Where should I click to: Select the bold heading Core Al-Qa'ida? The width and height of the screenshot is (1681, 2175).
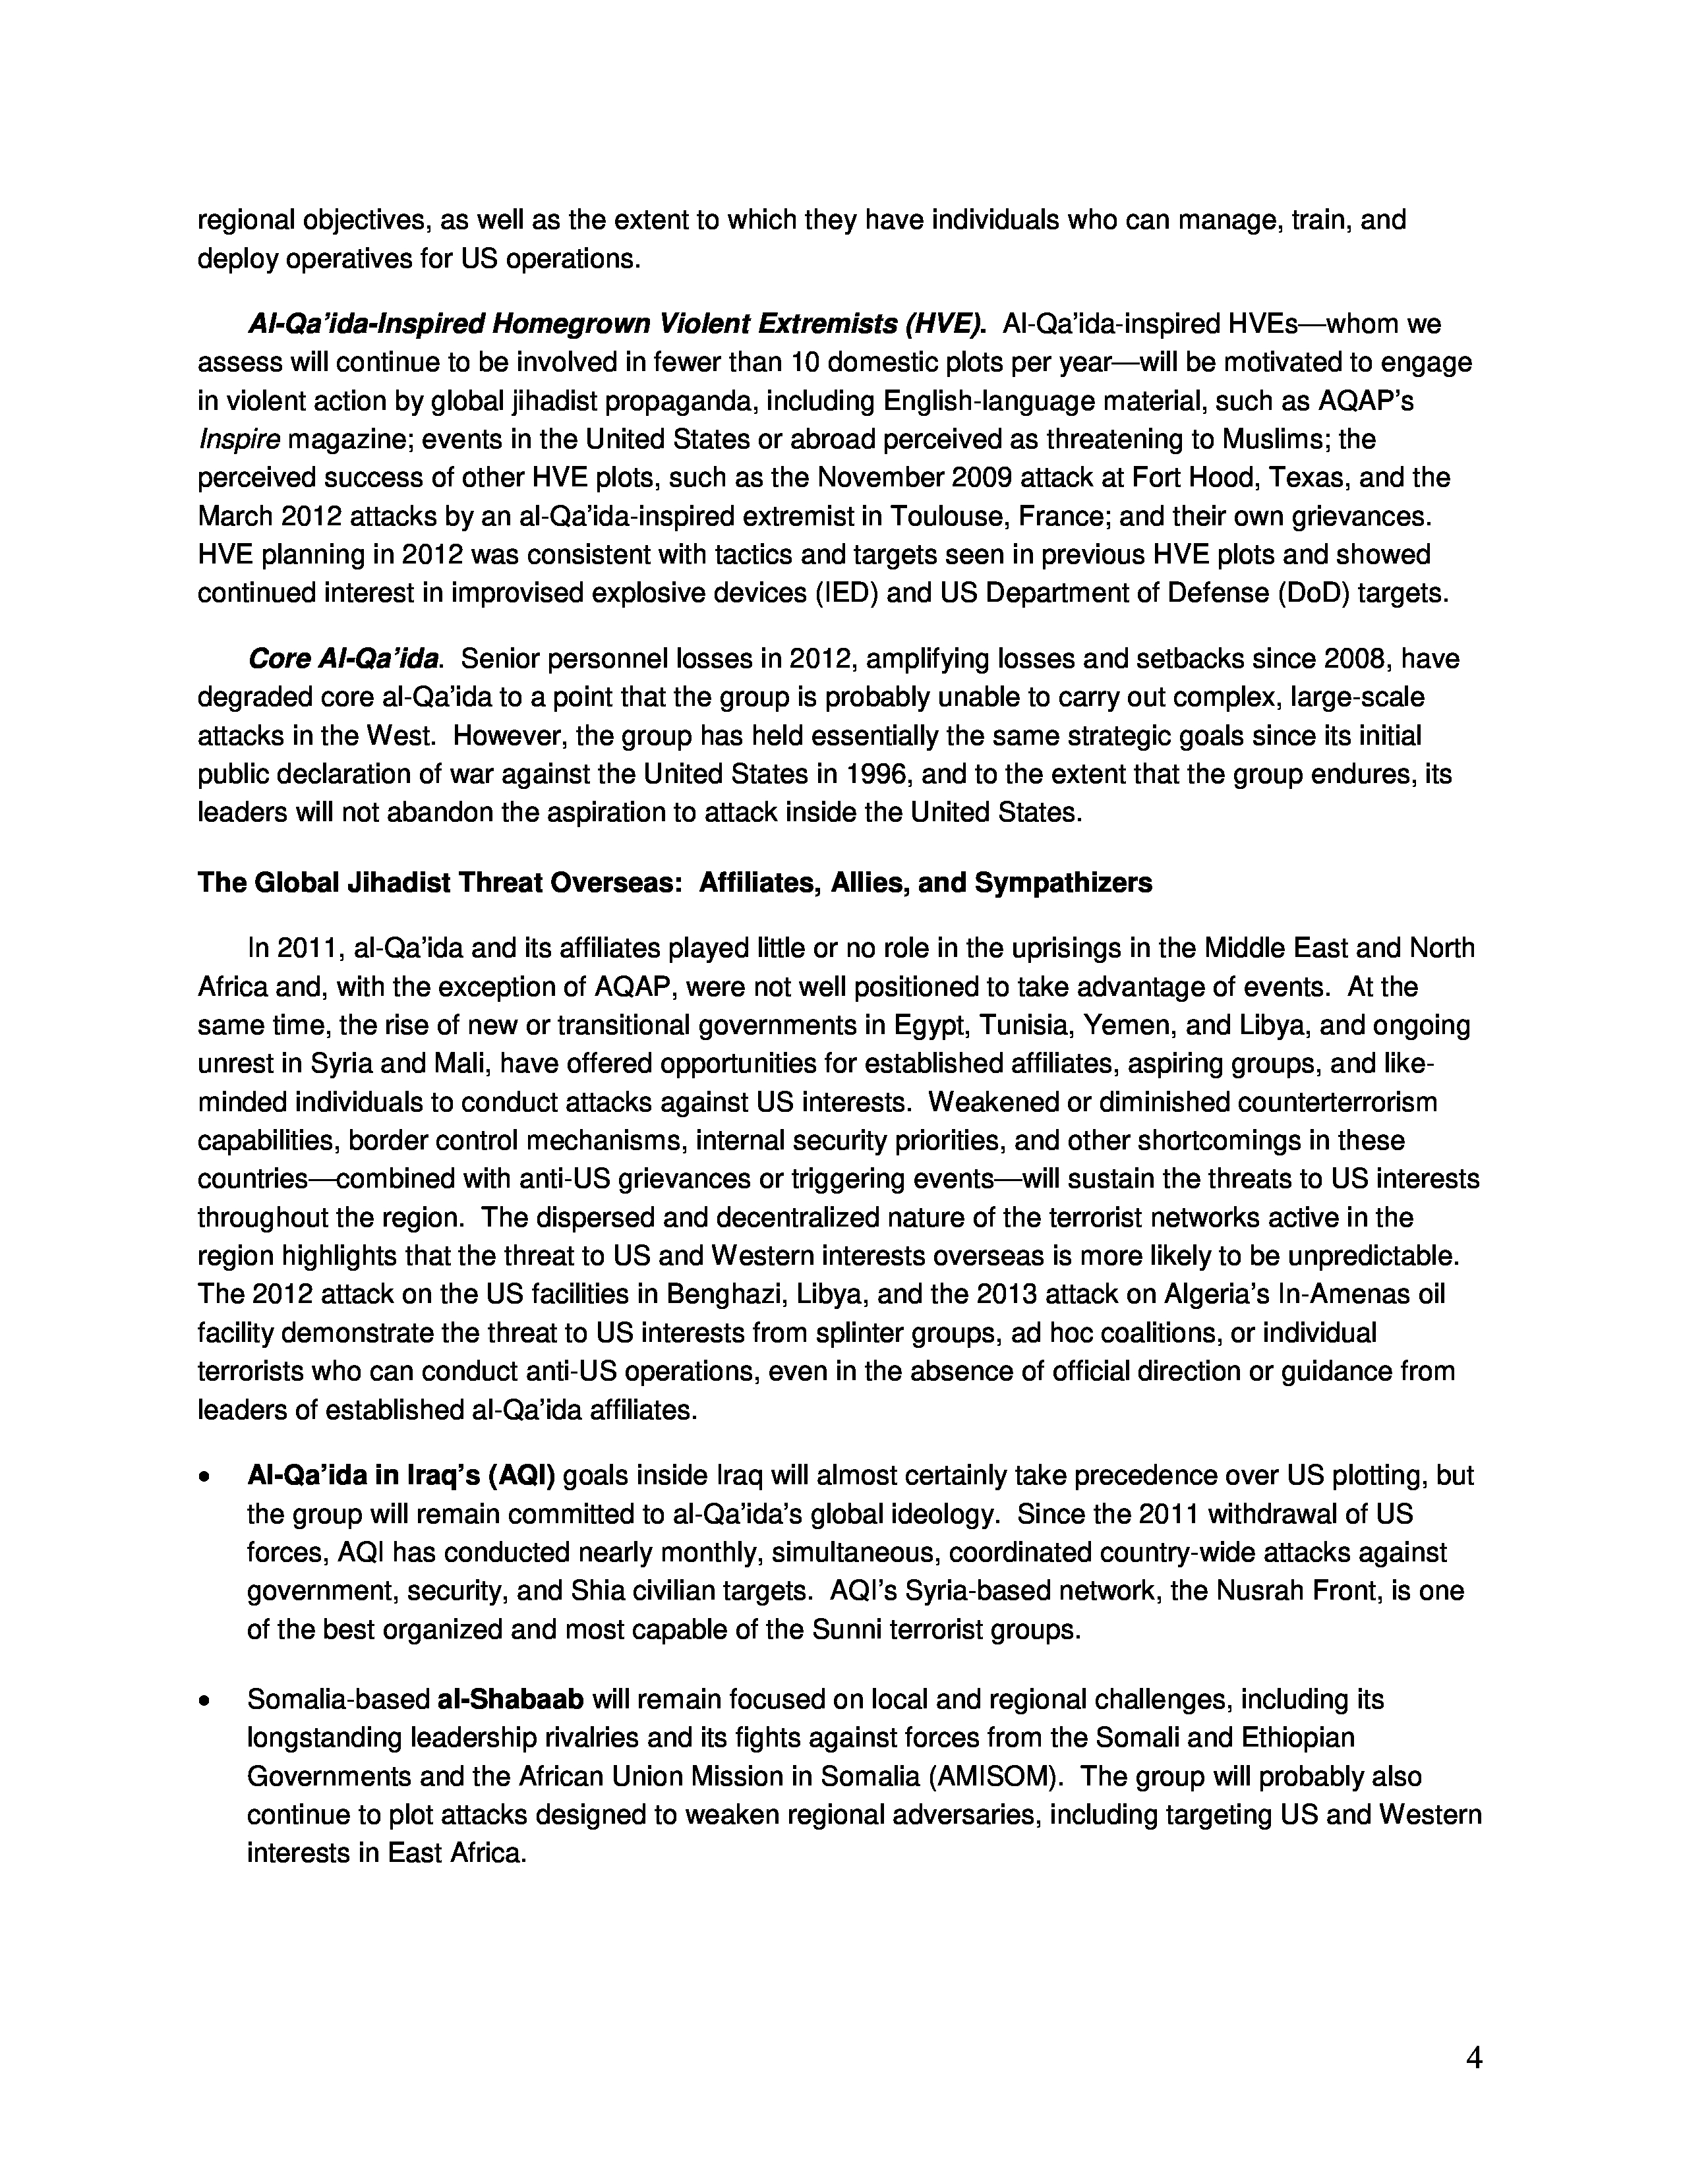pos(343,659)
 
